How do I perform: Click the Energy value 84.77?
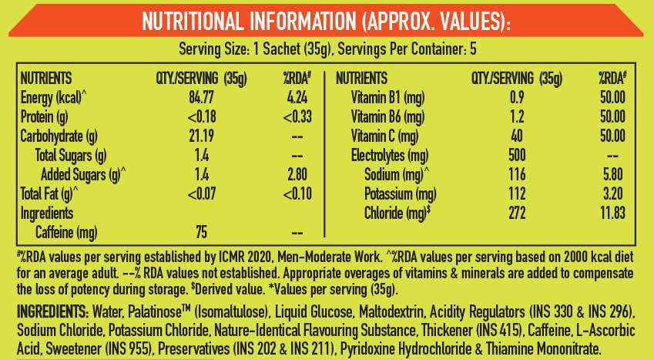coord(202,98)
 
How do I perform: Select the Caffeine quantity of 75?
coord(202,232)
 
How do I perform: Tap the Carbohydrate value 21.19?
coord(202,136)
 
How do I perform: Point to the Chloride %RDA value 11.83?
coord(612,213)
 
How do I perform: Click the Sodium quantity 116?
coord(517,174)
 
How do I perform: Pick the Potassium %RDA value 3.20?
coord(612,193)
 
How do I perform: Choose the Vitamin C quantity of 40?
coord(517,136)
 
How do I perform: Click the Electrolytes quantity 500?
coord(517,156)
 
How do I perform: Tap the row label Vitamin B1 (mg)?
coord(388,98)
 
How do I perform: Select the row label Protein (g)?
coord(44,117)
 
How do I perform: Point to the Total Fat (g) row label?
coord(49,193)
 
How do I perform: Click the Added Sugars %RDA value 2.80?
coord(297,174)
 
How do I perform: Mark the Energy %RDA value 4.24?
coord(297,98)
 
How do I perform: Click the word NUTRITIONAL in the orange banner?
coord(193,21)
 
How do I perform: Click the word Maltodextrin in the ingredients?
coord(391,311)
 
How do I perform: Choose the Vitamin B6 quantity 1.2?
coord(517,117)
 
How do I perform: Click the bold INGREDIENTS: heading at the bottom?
coord(52,311)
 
